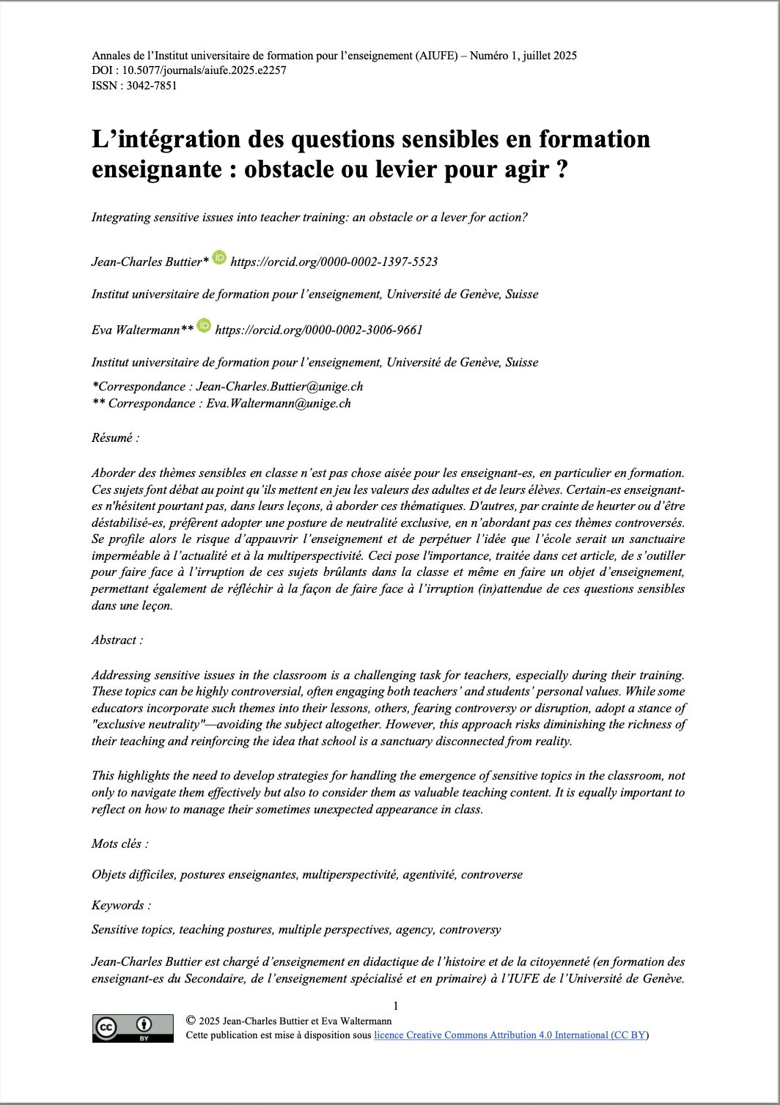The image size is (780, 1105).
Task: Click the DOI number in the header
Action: [204, 70]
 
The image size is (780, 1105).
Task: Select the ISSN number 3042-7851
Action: [152, 85]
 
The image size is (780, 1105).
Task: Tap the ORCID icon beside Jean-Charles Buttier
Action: [219, 257]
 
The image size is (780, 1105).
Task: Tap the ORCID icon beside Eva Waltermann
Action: [204, 325]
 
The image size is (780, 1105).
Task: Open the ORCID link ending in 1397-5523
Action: [334, 262]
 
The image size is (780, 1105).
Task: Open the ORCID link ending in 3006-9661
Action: [319, 330]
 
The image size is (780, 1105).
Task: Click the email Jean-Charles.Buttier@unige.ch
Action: [279, 386]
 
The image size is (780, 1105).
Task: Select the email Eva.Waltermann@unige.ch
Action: [279, 403]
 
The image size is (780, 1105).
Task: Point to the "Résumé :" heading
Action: [115, 437]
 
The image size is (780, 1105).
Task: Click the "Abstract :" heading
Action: [117, 640]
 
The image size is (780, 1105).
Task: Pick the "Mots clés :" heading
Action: [119, 843]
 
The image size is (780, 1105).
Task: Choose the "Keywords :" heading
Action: [121, 905]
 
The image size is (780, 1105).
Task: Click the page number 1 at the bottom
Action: [396, 1006]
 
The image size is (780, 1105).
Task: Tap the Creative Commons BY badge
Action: [133, 1028]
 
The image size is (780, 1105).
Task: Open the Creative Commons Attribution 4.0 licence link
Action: [511, 1035]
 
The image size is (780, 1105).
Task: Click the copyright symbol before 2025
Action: [191, 1020]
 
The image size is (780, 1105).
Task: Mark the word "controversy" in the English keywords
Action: [470, 929]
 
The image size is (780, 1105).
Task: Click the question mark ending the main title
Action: [561, 169]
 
